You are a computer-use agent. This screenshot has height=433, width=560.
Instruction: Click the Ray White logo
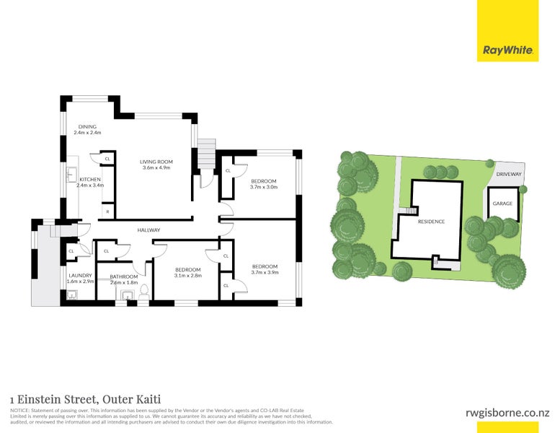[507, 51]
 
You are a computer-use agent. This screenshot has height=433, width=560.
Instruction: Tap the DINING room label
[87, 127]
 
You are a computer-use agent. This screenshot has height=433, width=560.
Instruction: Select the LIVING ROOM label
[156, 162]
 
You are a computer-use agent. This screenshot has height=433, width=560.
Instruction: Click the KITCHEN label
[89, 179]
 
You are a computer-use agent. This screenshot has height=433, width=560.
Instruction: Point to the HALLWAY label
[148, 230]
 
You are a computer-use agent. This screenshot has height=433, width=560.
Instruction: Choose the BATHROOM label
[124, 276]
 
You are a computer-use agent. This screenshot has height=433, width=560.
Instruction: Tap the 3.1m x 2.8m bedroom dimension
[188, 275]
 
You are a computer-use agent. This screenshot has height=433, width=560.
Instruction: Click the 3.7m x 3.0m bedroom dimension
[264, 187]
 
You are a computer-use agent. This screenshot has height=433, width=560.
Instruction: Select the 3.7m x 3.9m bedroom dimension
[265, 273]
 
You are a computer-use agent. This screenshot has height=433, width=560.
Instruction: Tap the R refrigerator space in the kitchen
[107, 211]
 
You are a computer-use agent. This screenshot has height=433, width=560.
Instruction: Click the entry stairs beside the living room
[207, 152]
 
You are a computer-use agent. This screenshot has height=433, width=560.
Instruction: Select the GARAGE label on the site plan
[502, 204]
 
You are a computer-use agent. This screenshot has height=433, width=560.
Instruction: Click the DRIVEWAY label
[509, 175]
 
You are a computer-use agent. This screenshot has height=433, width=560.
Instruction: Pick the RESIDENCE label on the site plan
[431, 222]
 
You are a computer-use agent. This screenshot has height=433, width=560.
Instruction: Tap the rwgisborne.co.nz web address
[508, 412]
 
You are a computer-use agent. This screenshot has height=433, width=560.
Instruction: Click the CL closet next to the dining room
[107, 158]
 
